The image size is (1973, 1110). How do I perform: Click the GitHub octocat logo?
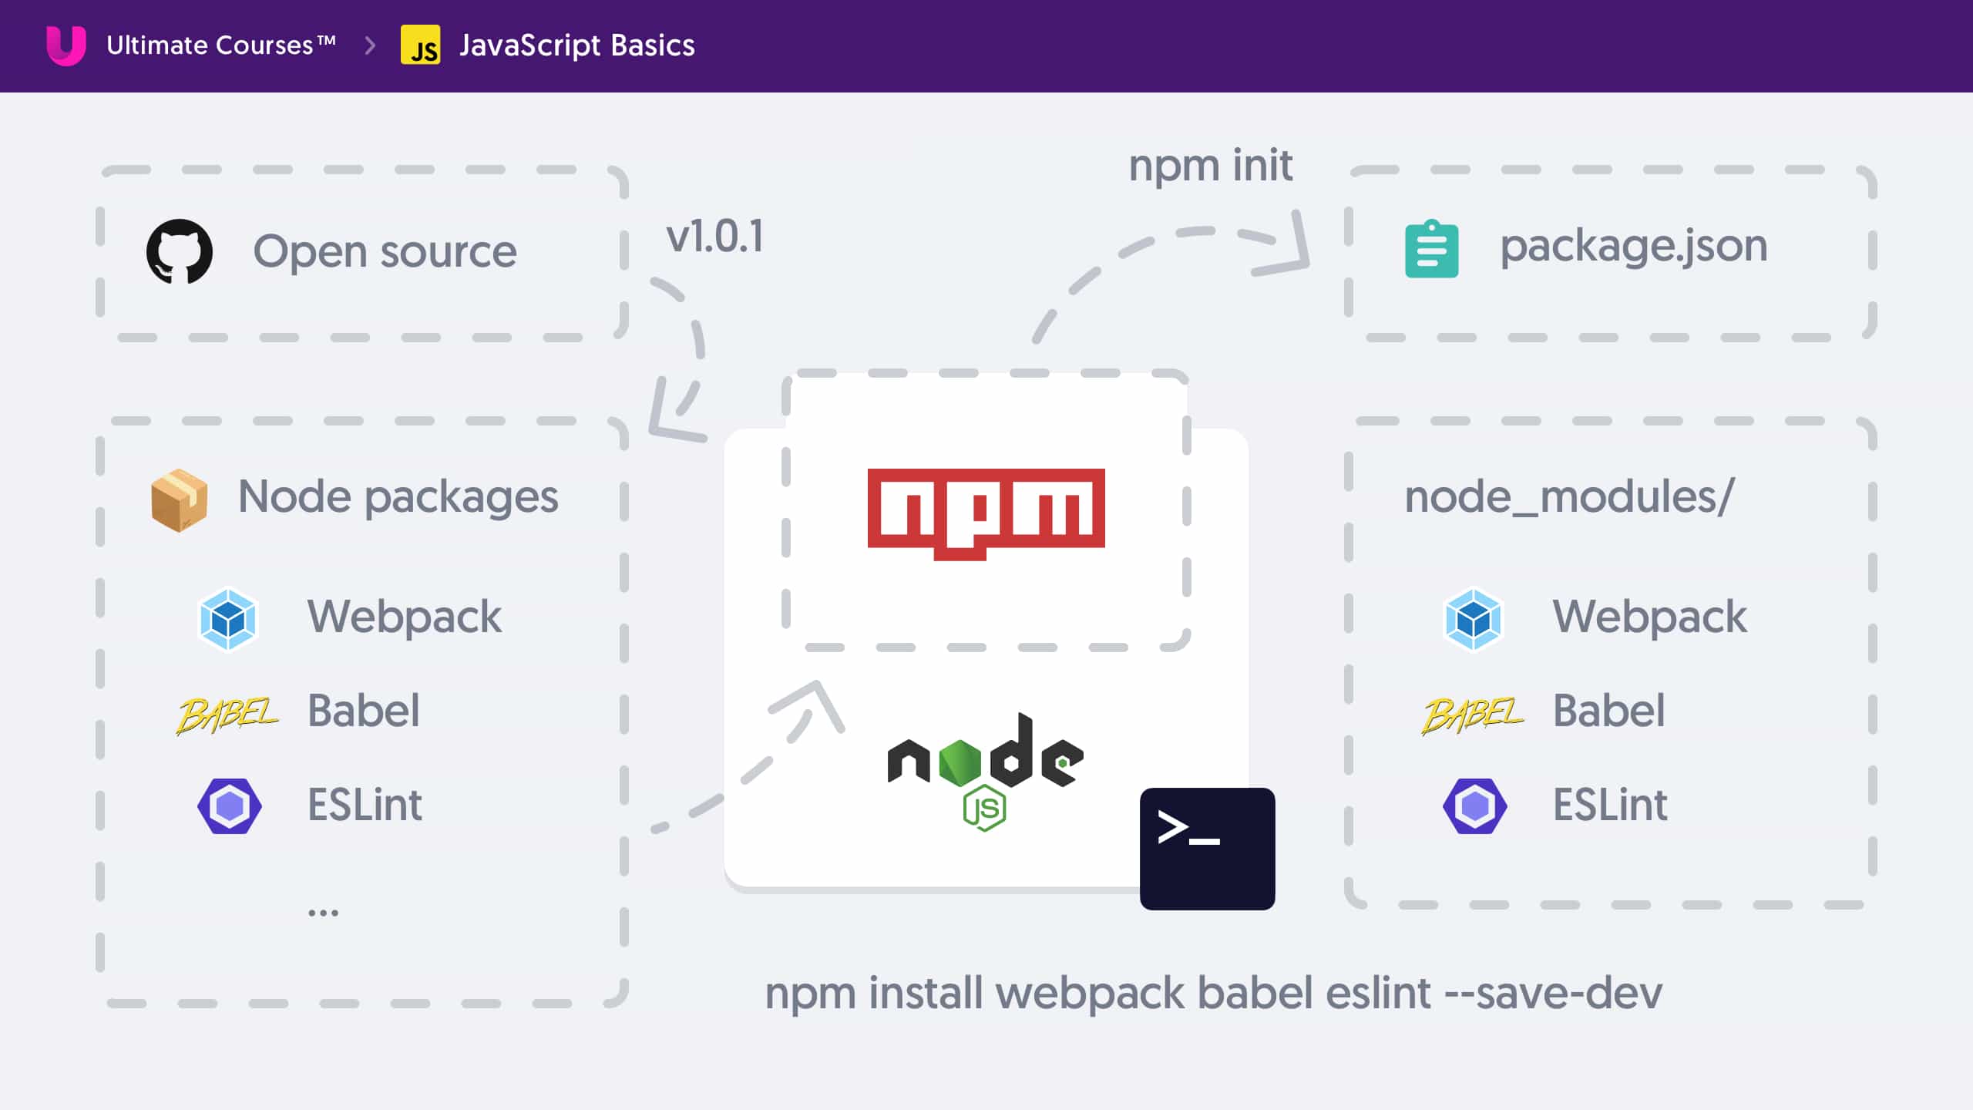tap(180, 251)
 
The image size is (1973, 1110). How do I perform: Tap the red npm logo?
tap(986, 513)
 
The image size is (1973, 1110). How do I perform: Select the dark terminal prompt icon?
tap(1207, 849)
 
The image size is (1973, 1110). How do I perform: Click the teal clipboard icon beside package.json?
tap(1431, 248)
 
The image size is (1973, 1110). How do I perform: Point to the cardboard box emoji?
tap(179, 500)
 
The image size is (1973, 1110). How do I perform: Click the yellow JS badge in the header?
tap(420, 45)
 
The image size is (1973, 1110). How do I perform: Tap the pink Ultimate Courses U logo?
tap(66, 45)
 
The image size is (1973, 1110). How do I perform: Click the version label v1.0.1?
tap(714, 236)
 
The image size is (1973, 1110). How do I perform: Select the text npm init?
tap(1210, 165)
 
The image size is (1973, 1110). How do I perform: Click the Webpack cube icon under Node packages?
tap(227, 619)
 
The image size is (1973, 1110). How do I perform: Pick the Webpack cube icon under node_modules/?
tap(1473, 619)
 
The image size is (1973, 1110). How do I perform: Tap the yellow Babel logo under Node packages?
tap(227, 715)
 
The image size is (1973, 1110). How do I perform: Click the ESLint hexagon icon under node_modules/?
tap(1474, 806)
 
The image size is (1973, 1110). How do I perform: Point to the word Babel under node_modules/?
tap(1608, 710)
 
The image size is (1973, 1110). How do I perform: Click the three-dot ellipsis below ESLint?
tap(323, 913)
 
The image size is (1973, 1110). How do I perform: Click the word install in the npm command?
tap(926, 993)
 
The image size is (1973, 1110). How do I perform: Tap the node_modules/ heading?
tap(1569, 496)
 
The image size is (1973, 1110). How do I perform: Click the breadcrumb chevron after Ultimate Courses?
tap(370, 45)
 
